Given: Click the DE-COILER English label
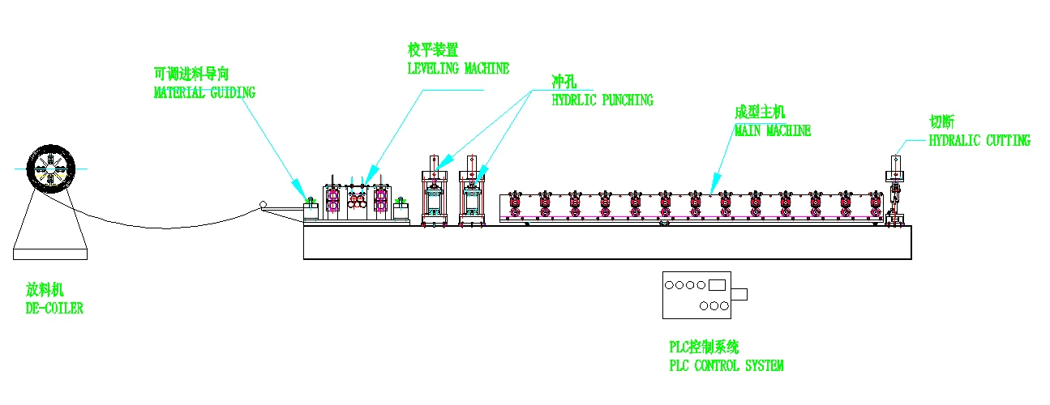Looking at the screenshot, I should point(54,309).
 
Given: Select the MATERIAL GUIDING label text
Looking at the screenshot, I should point(204,93).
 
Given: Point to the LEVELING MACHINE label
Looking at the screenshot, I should point(458,69).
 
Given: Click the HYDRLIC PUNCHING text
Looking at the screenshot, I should point(602,101).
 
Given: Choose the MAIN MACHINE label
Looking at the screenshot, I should point(772,130).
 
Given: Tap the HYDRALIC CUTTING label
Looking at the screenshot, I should point(979,141).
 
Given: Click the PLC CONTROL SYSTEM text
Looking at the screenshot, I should point(726,366).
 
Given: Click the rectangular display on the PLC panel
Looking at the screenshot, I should point(717,284).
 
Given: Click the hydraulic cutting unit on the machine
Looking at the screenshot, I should point(894,190).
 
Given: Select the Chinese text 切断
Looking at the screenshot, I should point(941,122).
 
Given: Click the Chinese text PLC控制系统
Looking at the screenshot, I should point(704,347).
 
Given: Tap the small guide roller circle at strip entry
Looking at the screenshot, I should point(262,206).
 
